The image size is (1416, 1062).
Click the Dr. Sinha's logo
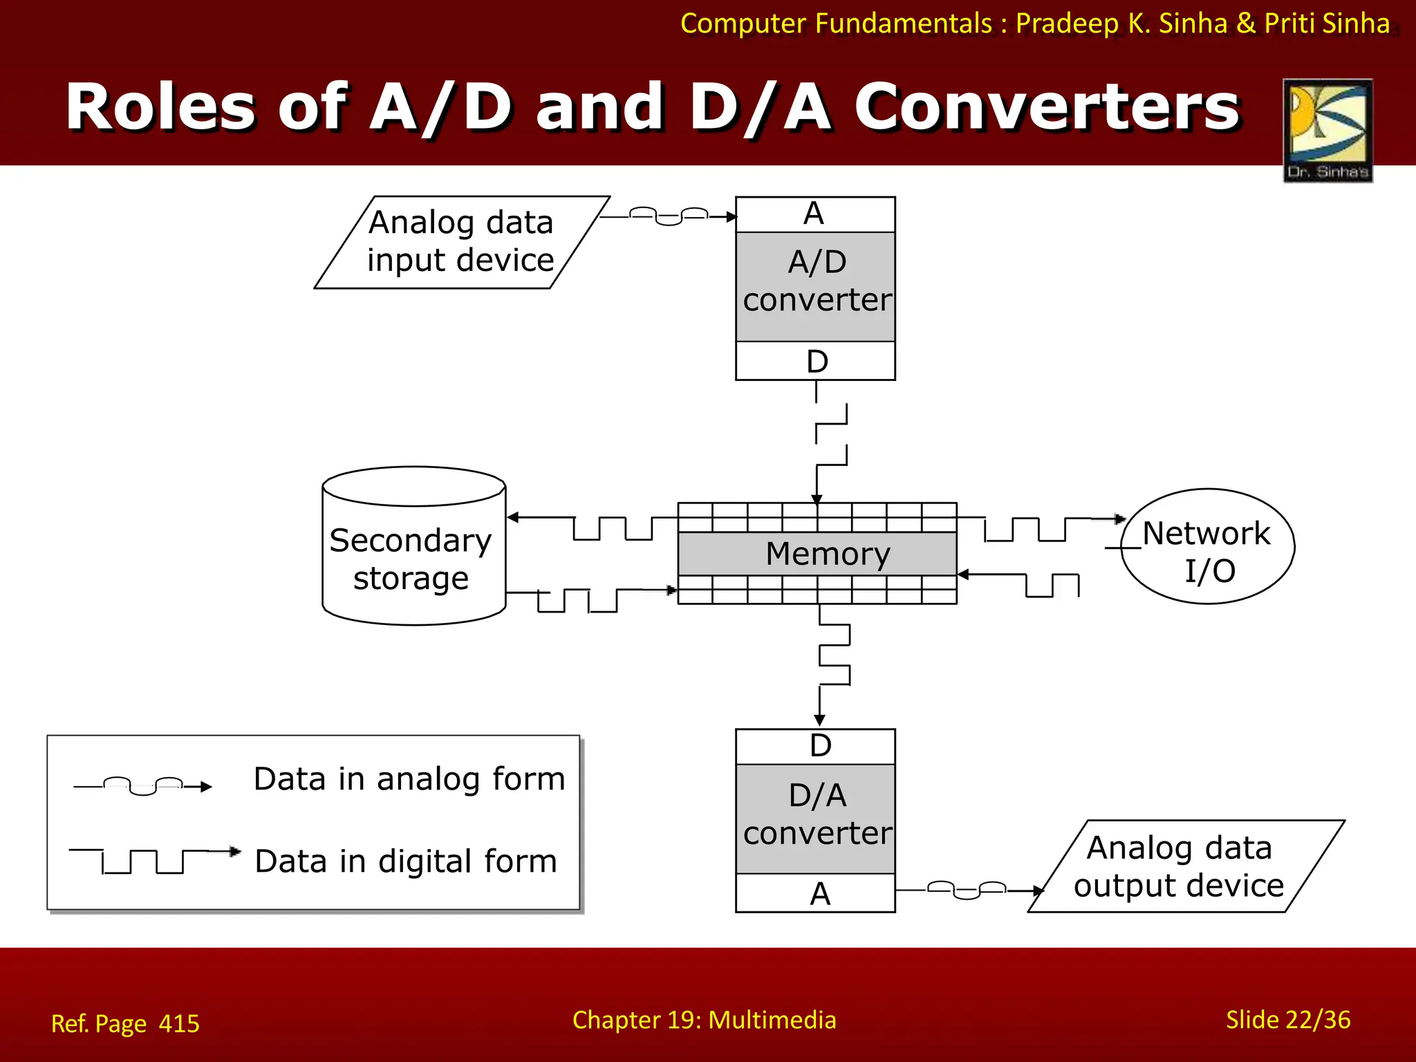tap(1327, 130)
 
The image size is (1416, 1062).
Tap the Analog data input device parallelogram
tap(461, 242)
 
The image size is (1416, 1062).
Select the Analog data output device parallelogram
tap(1185, 866)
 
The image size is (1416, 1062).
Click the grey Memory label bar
tap(817, 554)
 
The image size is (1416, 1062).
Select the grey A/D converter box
tap(816, 286)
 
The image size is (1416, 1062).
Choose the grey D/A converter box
tap(816, 819)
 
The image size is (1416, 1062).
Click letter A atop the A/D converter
tap(814, 214)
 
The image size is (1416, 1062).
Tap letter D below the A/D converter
tap(817, 362)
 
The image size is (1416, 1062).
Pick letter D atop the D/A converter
tap(820, 746)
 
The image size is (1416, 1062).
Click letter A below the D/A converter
tap(820, 894)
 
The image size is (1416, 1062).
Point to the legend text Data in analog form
tap(409, 779)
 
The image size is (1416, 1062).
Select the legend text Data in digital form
tap(406, 861)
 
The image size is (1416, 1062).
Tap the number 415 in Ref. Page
tap(178, 1023)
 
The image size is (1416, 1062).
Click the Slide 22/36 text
tap(1287, 1020)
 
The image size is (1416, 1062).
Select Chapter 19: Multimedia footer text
tap(704, 1020)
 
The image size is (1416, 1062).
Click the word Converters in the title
tap(1047, 107)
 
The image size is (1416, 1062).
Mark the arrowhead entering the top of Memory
tap(817, 499)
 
